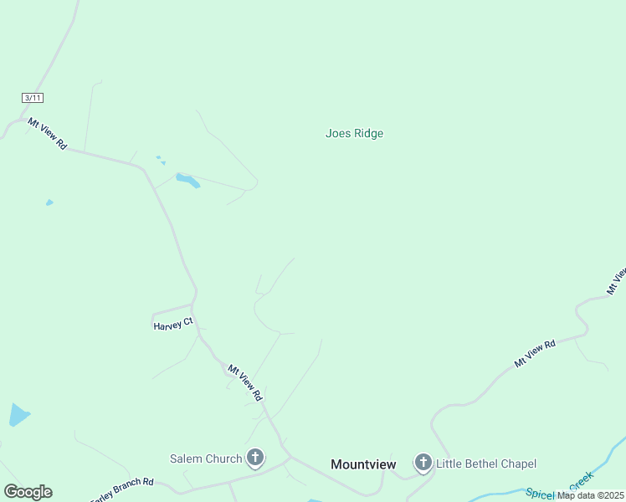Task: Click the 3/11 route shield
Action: pos(33,98)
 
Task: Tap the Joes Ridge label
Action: pos(354,133)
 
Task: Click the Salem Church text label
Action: pos(206,458)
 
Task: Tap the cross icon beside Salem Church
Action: pos(255,458)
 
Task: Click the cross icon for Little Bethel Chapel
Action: pos(423,463)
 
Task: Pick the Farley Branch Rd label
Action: pos(123,489)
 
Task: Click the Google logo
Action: pos(28,492)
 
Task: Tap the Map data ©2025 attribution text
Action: pos(590,495)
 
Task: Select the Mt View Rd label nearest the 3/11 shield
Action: pos(47,133)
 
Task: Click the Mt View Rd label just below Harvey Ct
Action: pos(245,382)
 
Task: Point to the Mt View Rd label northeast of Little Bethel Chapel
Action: pos(535,354)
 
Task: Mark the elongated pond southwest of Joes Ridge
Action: pos(187,180)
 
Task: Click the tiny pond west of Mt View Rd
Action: pos(49,202)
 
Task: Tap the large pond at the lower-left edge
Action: pos(18,414)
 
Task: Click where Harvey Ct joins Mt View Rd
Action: pos(194,305)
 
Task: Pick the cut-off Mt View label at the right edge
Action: pos(616,281)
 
